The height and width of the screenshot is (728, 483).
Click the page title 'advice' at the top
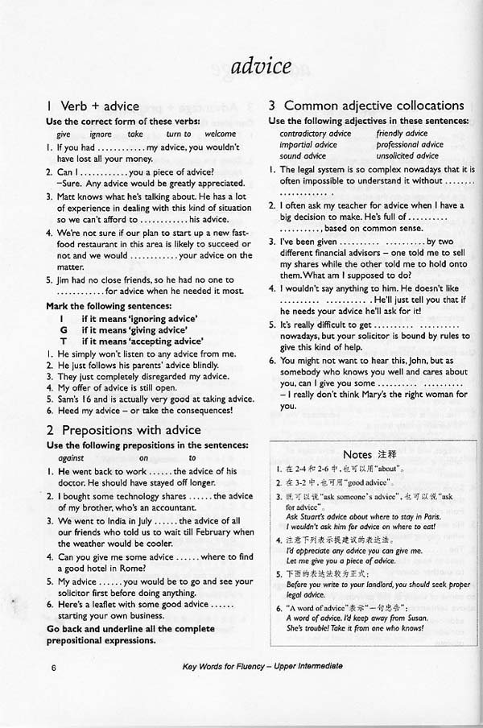click(x=260, y=66)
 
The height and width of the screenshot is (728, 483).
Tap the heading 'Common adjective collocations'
click(x=374, y=105)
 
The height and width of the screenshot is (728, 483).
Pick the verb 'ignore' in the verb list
click(x=101, y=134)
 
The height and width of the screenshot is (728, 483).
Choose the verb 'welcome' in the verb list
click(x=221, y=134)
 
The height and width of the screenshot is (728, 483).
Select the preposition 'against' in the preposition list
click(x=71, y=457)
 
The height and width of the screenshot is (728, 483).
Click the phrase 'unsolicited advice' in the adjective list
click(x=407, y=156)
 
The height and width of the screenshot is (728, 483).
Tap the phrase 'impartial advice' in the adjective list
click(x=308, y=145)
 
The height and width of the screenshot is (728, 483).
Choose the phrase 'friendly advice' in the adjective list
click(x=402, y=134)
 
